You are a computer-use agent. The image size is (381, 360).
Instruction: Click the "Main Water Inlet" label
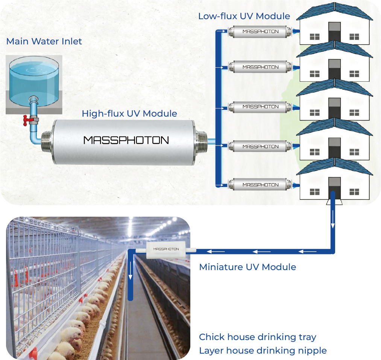click(44, 41)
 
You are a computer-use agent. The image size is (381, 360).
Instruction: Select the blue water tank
click(34, 81)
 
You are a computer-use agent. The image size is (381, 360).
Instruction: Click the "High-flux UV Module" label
click(129, 113)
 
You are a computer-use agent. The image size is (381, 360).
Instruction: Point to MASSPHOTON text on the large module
click(126, 140)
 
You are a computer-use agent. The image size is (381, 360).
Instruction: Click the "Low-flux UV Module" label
click(244, 16)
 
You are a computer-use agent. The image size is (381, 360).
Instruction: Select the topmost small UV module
click(260, 31)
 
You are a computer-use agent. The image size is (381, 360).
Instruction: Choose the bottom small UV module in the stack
click(260, 185)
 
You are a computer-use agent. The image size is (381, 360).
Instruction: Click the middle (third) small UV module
click(260, 106)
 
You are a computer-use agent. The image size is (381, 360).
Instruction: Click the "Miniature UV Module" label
click(247, 267)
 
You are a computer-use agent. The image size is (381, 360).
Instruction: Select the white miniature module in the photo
click(166, 249)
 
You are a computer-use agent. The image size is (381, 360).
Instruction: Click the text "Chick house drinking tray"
click(257, 337)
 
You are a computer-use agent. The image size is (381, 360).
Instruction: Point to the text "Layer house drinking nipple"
click(263, 351)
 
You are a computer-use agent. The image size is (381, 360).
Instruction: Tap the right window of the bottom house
click(354, 192)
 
